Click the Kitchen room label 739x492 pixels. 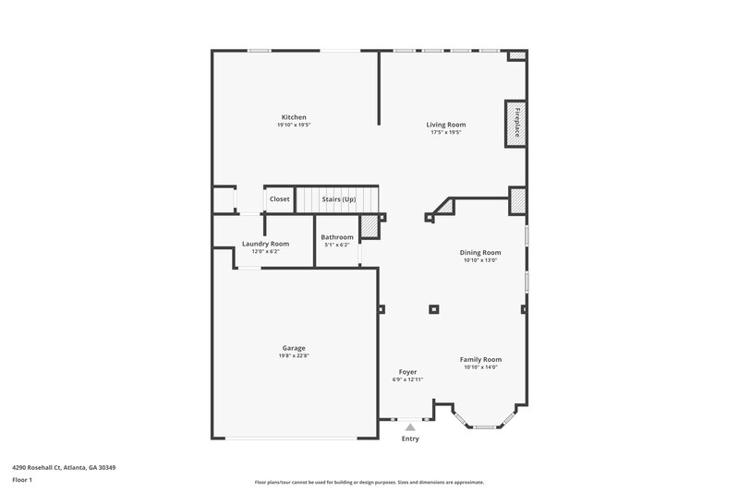click(x=294, y=117)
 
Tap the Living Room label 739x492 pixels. click(x=445, y=125)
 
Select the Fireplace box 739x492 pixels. click(x=515, y=123)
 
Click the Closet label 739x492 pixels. click(x=279, y=199)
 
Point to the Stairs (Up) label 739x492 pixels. click(x=338, y=199)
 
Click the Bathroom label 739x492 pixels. click(x=336, y=237)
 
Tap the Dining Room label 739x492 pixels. click(x=480, y=252)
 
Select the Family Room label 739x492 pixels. click(x=480, y=359)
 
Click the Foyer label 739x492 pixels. click(x=407, y=371)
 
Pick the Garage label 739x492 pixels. click(x=294, y=348)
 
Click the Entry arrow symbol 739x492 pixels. click(x=410, y=426)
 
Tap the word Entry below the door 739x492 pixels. click(x=410, y=438)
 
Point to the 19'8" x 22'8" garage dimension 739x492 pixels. click(x=294, y=356)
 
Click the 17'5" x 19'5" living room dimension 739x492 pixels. click(x=445, y=133)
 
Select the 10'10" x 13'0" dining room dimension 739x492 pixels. click(x=480, y=260)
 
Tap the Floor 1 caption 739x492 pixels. click(x=23, y=481)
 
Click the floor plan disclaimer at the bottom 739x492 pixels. click(x=369, y=482)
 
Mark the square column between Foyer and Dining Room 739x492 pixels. click(x=433, y=310)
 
